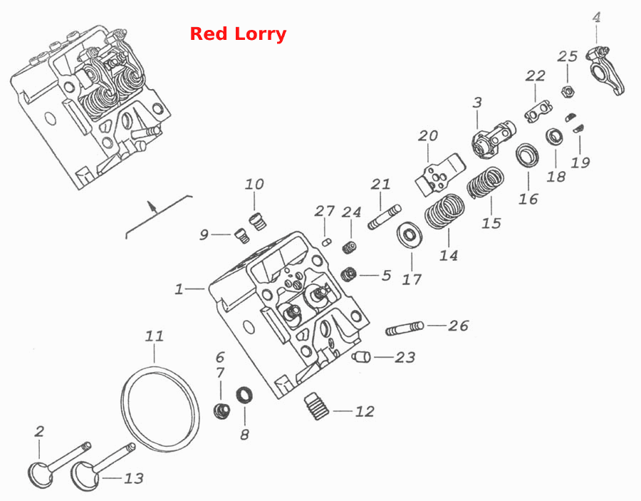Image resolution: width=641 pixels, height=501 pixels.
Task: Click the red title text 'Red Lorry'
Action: pos(238,33)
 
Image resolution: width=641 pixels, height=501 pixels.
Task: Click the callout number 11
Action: pos(155,336)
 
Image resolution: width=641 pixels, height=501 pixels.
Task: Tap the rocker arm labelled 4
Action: pos(605,70)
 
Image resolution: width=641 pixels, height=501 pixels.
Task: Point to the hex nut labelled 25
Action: pos(568,91)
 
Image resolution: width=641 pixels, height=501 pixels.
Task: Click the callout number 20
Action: pos(427,135)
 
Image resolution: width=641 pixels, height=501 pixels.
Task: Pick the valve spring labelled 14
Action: pos(444,211)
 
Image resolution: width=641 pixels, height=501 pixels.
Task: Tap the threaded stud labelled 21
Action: pos(385,217)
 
